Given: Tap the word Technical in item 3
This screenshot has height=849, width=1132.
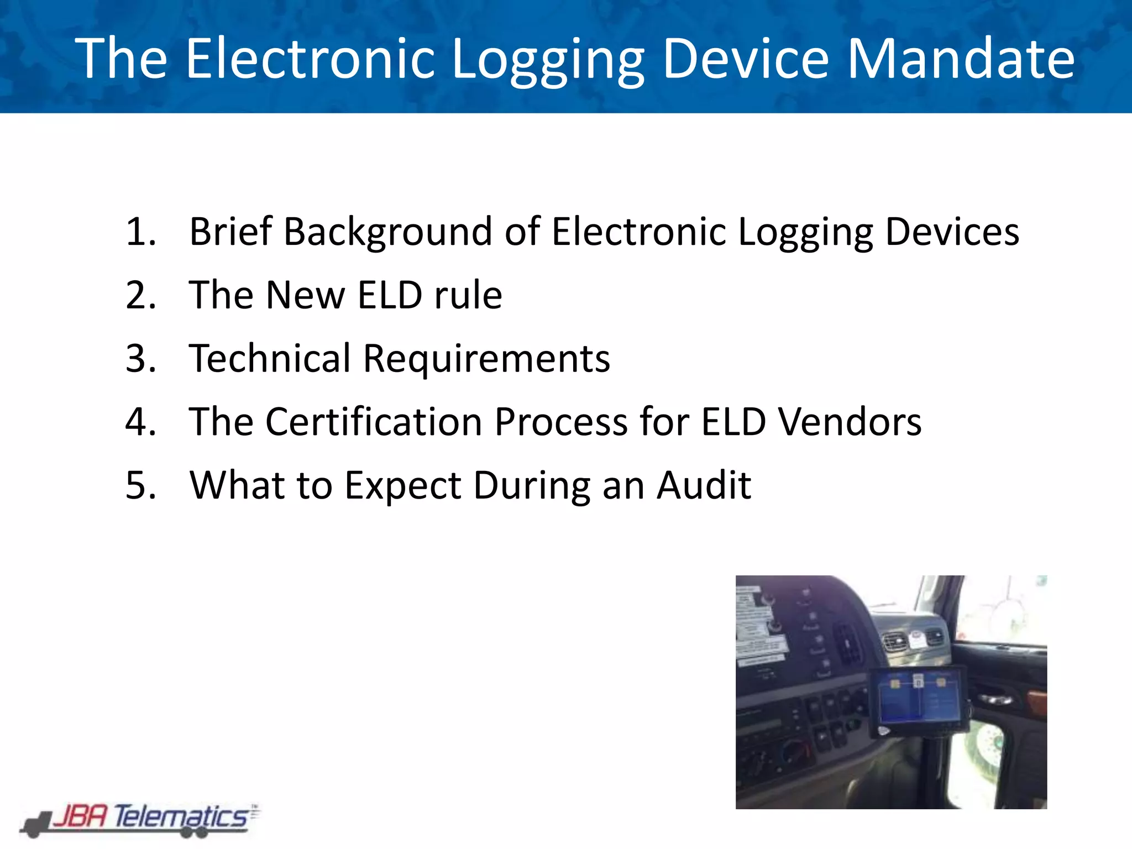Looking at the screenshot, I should click(x=270, y=358).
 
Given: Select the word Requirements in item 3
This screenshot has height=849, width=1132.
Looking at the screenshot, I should click(x=486, y=358).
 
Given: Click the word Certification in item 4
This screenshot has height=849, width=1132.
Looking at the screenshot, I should click(x=374, y=422).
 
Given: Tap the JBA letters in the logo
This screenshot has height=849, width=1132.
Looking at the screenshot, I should click(x=80, y=816).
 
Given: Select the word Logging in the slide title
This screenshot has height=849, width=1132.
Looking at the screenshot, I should click(x=548, y=58).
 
